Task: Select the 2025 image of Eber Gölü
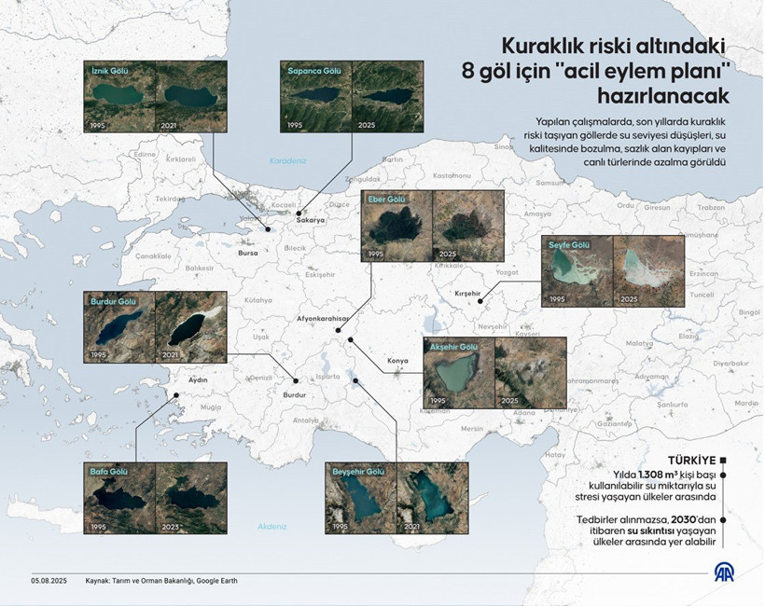(x=468, y=227)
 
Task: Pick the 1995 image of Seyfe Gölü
(x=577, y=271)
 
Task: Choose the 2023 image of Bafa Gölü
(x=190, y=498)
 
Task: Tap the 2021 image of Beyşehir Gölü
(x=432, y=498)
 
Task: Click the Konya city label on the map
(x=398, y=360)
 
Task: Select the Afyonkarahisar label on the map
(x=322, y=318)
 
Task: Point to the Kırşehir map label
(x=466, y=294)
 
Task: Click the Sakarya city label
(x=310, y=220)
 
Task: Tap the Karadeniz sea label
(x=288, y=160)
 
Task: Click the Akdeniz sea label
(x=271, y=526)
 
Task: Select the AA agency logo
(x=725, y=572)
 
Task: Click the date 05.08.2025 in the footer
(x=48, y=581)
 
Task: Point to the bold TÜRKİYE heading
(x=691, y=460)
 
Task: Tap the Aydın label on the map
(x=198, y=380)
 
